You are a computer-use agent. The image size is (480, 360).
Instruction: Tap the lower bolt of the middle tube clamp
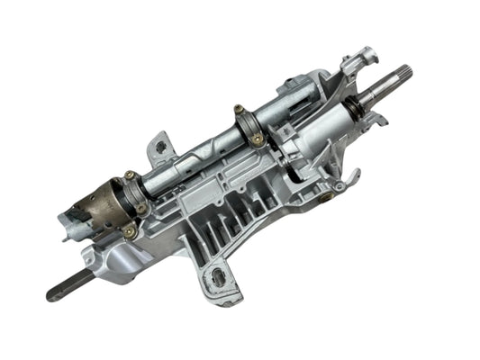[x=258, y=139]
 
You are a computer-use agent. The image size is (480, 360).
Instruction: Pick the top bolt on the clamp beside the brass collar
[x=130, y=175]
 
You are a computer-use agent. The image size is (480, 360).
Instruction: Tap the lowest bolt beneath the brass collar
[x=131, y=231]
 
